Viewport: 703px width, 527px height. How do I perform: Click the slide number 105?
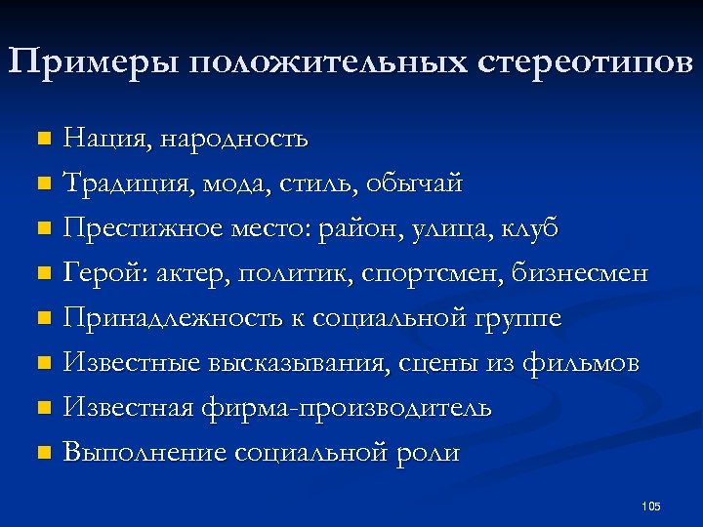pos(651,506)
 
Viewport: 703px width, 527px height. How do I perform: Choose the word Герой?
pos(101,273)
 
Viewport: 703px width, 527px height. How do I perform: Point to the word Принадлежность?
pos(169,318)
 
